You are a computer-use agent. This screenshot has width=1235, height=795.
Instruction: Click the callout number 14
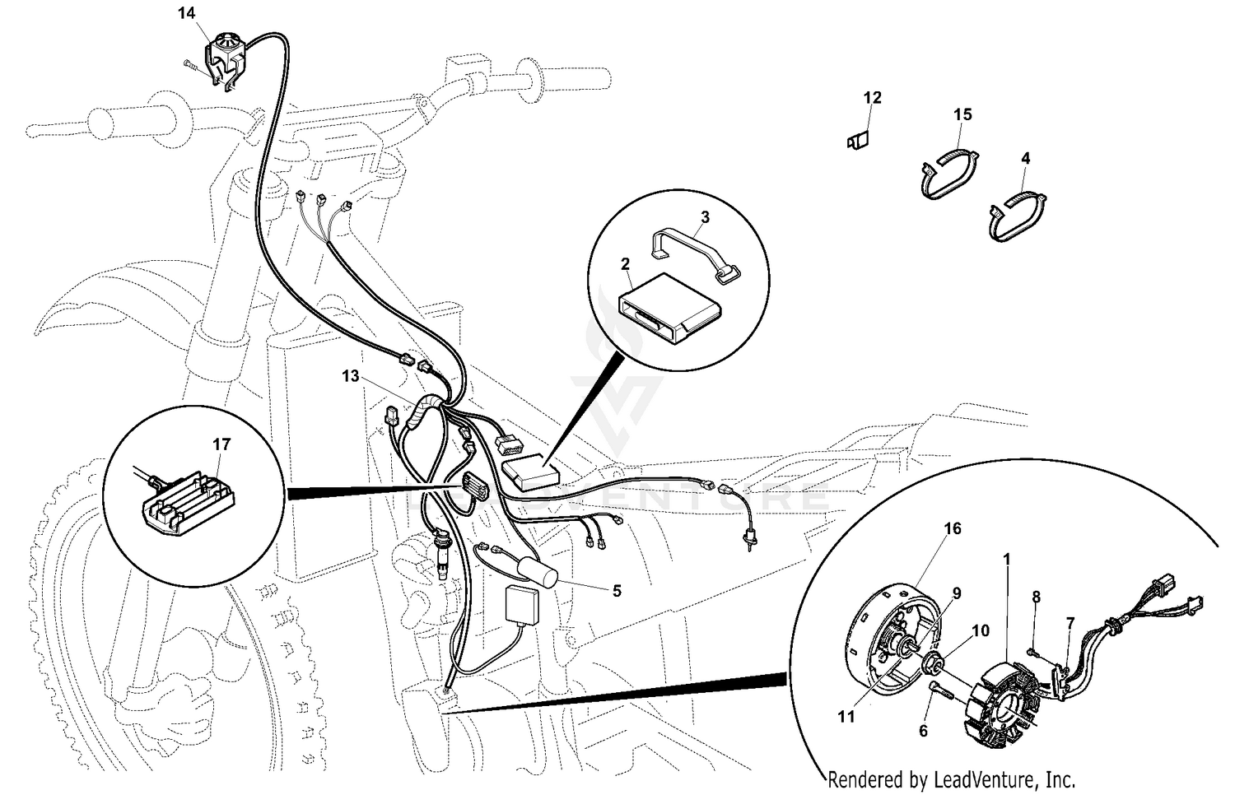pyautogui.click(x=187, y=12)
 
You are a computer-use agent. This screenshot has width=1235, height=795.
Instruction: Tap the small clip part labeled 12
pyautogui.click(x=859, y=142)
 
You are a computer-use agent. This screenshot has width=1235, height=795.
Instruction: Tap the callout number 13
pyautogui.click(x=351, y=376)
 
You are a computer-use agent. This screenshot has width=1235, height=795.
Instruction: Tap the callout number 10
pyautogui.click(x=980, y=631)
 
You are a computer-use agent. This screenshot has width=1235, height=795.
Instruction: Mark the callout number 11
pyautogui.click(x=846, y=717)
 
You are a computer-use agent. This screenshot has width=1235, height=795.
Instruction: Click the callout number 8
pyautogui.click(x=1036, y=596)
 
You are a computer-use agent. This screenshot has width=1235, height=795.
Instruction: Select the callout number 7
pyautogui.click(x=1070, y=623)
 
